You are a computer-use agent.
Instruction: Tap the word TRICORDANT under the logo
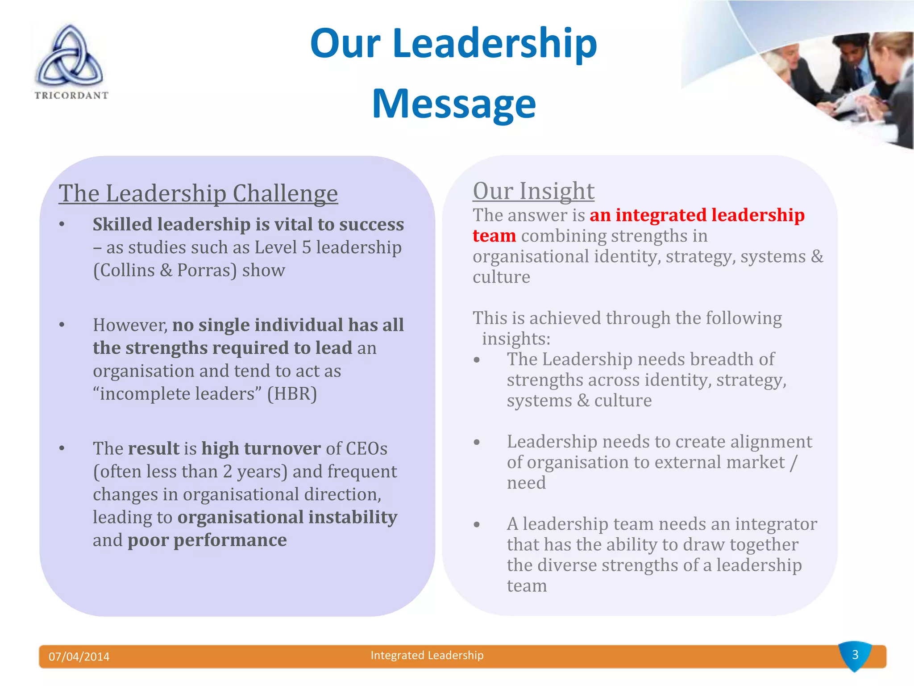click(x=71, y=95)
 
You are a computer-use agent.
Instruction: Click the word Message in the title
click(x=453, y=104)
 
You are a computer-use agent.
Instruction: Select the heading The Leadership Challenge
click(x=198, y=193)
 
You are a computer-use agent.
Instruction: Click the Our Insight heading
click(x=533, y=191)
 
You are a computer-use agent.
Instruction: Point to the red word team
click(x=494, y=236)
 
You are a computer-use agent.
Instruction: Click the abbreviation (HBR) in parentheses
click(x=292, y=394)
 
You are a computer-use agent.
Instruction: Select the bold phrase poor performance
click(x=207, y=540)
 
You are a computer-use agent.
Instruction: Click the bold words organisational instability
click(x=287, y=517)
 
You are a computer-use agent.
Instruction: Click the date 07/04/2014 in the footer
click(x=79, y=657)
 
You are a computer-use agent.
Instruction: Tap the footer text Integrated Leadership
click(x=427, y=655)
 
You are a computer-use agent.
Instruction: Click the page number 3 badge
click(x=855, y=655)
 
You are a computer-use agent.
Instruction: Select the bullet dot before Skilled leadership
click(x=62, y=225)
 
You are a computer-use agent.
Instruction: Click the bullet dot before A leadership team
click(x=477, y=524)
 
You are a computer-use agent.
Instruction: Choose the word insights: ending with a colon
click(x=516, y=339)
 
